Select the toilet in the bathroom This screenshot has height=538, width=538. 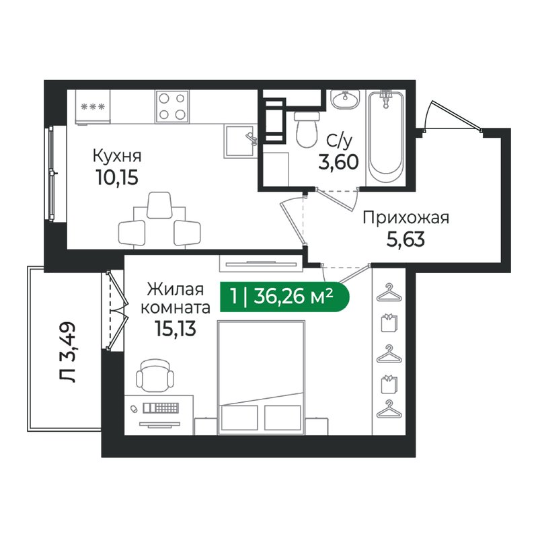(306, 129)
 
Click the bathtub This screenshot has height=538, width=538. (385, 134)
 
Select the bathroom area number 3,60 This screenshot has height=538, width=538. (338, 163)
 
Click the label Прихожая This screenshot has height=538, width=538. (406, 217)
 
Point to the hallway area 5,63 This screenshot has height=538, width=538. (406, 240)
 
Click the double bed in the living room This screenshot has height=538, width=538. (262, 377)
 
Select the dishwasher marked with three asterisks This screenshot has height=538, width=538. (91, 107)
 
